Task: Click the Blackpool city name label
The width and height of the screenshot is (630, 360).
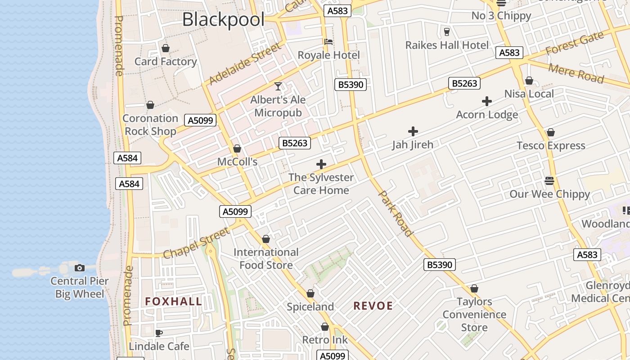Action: tap(223, 19)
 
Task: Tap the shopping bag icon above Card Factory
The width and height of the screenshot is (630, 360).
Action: tap(166, 48)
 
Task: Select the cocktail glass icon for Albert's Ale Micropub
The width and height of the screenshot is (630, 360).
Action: tap(278, 86)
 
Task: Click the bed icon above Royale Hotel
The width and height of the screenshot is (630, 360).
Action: tap(328, 42)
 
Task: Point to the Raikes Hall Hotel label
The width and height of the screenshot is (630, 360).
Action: tap(447, 45)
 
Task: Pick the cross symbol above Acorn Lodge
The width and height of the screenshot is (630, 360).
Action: tap(486, 101)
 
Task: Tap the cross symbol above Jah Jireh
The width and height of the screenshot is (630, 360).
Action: tap(413, 131)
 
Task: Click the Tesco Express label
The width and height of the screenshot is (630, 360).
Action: tap(551, 145)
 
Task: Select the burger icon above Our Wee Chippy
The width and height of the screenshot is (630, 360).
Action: tap(549, 181)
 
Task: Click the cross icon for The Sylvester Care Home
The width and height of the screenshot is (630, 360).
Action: tap(321, 164)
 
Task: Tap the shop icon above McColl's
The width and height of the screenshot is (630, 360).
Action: tap(237, 148)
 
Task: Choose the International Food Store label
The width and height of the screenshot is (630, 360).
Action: tap(266, 258)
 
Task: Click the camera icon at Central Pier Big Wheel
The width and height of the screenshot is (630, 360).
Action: tap(79, 268)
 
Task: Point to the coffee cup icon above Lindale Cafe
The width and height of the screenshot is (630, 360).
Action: tap(158, 333)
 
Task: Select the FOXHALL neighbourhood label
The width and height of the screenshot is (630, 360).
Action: tap(173, 301)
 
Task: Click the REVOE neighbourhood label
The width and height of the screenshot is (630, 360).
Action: tap(373, 306)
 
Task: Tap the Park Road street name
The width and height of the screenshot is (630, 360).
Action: tap(395, 213)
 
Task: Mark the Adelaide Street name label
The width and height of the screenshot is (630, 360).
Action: tap(245, 63)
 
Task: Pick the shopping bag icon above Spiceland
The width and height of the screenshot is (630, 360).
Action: tap(310, 294)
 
